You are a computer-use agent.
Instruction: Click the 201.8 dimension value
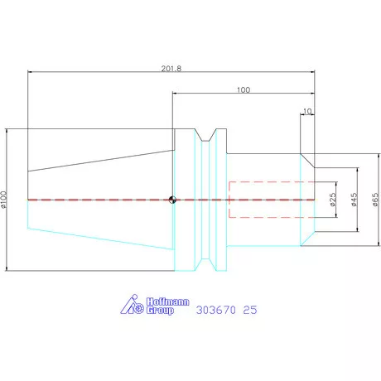click(x=172, y=67)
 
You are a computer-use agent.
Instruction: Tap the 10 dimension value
click(x=308, y=110)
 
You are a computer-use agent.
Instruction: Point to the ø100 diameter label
click(x=5, y=200)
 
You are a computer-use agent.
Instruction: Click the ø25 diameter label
click(x=332, y=200)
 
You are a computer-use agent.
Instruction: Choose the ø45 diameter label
click(x=354, y=200)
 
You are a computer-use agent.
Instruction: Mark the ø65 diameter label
click(x=375, y=200)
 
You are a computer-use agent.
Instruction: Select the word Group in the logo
click(x=159, y=311)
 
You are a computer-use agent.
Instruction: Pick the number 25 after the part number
click(x=250, y=310)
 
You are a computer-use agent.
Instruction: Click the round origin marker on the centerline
click(x=172, y=200)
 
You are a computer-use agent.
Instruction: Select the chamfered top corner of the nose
click(x=306, y=159)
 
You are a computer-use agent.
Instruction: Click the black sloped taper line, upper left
click(x=99, y=159)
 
